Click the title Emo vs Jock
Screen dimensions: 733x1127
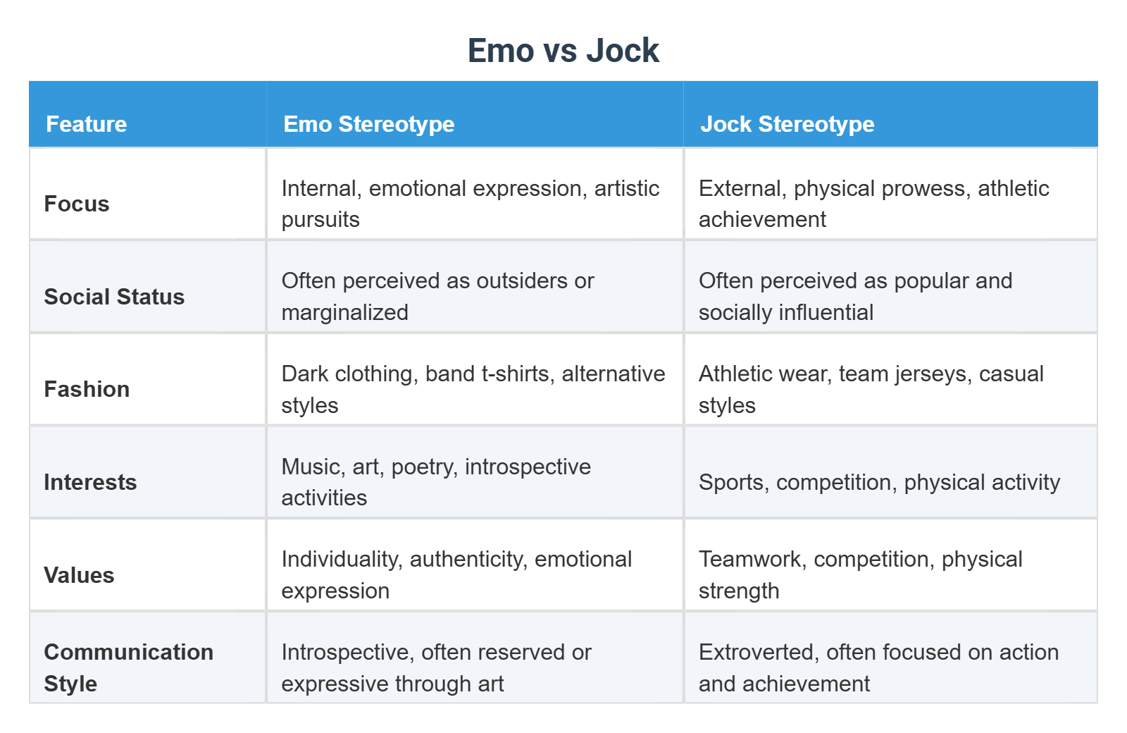563,51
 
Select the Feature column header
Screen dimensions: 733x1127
86,124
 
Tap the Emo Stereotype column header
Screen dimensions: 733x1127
368,124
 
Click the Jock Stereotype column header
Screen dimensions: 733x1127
787,124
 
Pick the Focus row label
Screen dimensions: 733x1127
77,204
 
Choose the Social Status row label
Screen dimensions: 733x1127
114,297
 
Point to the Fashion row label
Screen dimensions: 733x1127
87,389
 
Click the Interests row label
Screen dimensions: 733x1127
90,482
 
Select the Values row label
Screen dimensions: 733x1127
79,575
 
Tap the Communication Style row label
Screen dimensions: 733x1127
128,667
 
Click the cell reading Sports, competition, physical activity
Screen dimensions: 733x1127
879,482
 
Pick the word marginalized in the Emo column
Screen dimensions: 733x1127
344,312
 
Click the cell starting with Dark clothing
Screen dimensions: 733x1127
473,389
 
